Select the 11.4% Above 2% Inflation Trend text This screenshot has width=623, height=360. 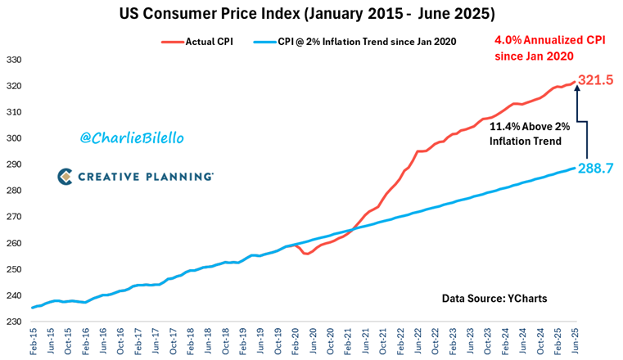click(526, 134)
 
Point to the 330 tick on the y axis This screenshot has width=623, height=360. click(14, 60)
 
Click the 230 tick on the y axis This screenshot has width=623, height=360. click(14, 322)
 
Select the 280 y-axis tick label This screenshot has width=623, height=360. click(14, 191)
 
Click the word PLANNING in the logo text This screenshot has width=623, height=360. click(183, 176)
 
